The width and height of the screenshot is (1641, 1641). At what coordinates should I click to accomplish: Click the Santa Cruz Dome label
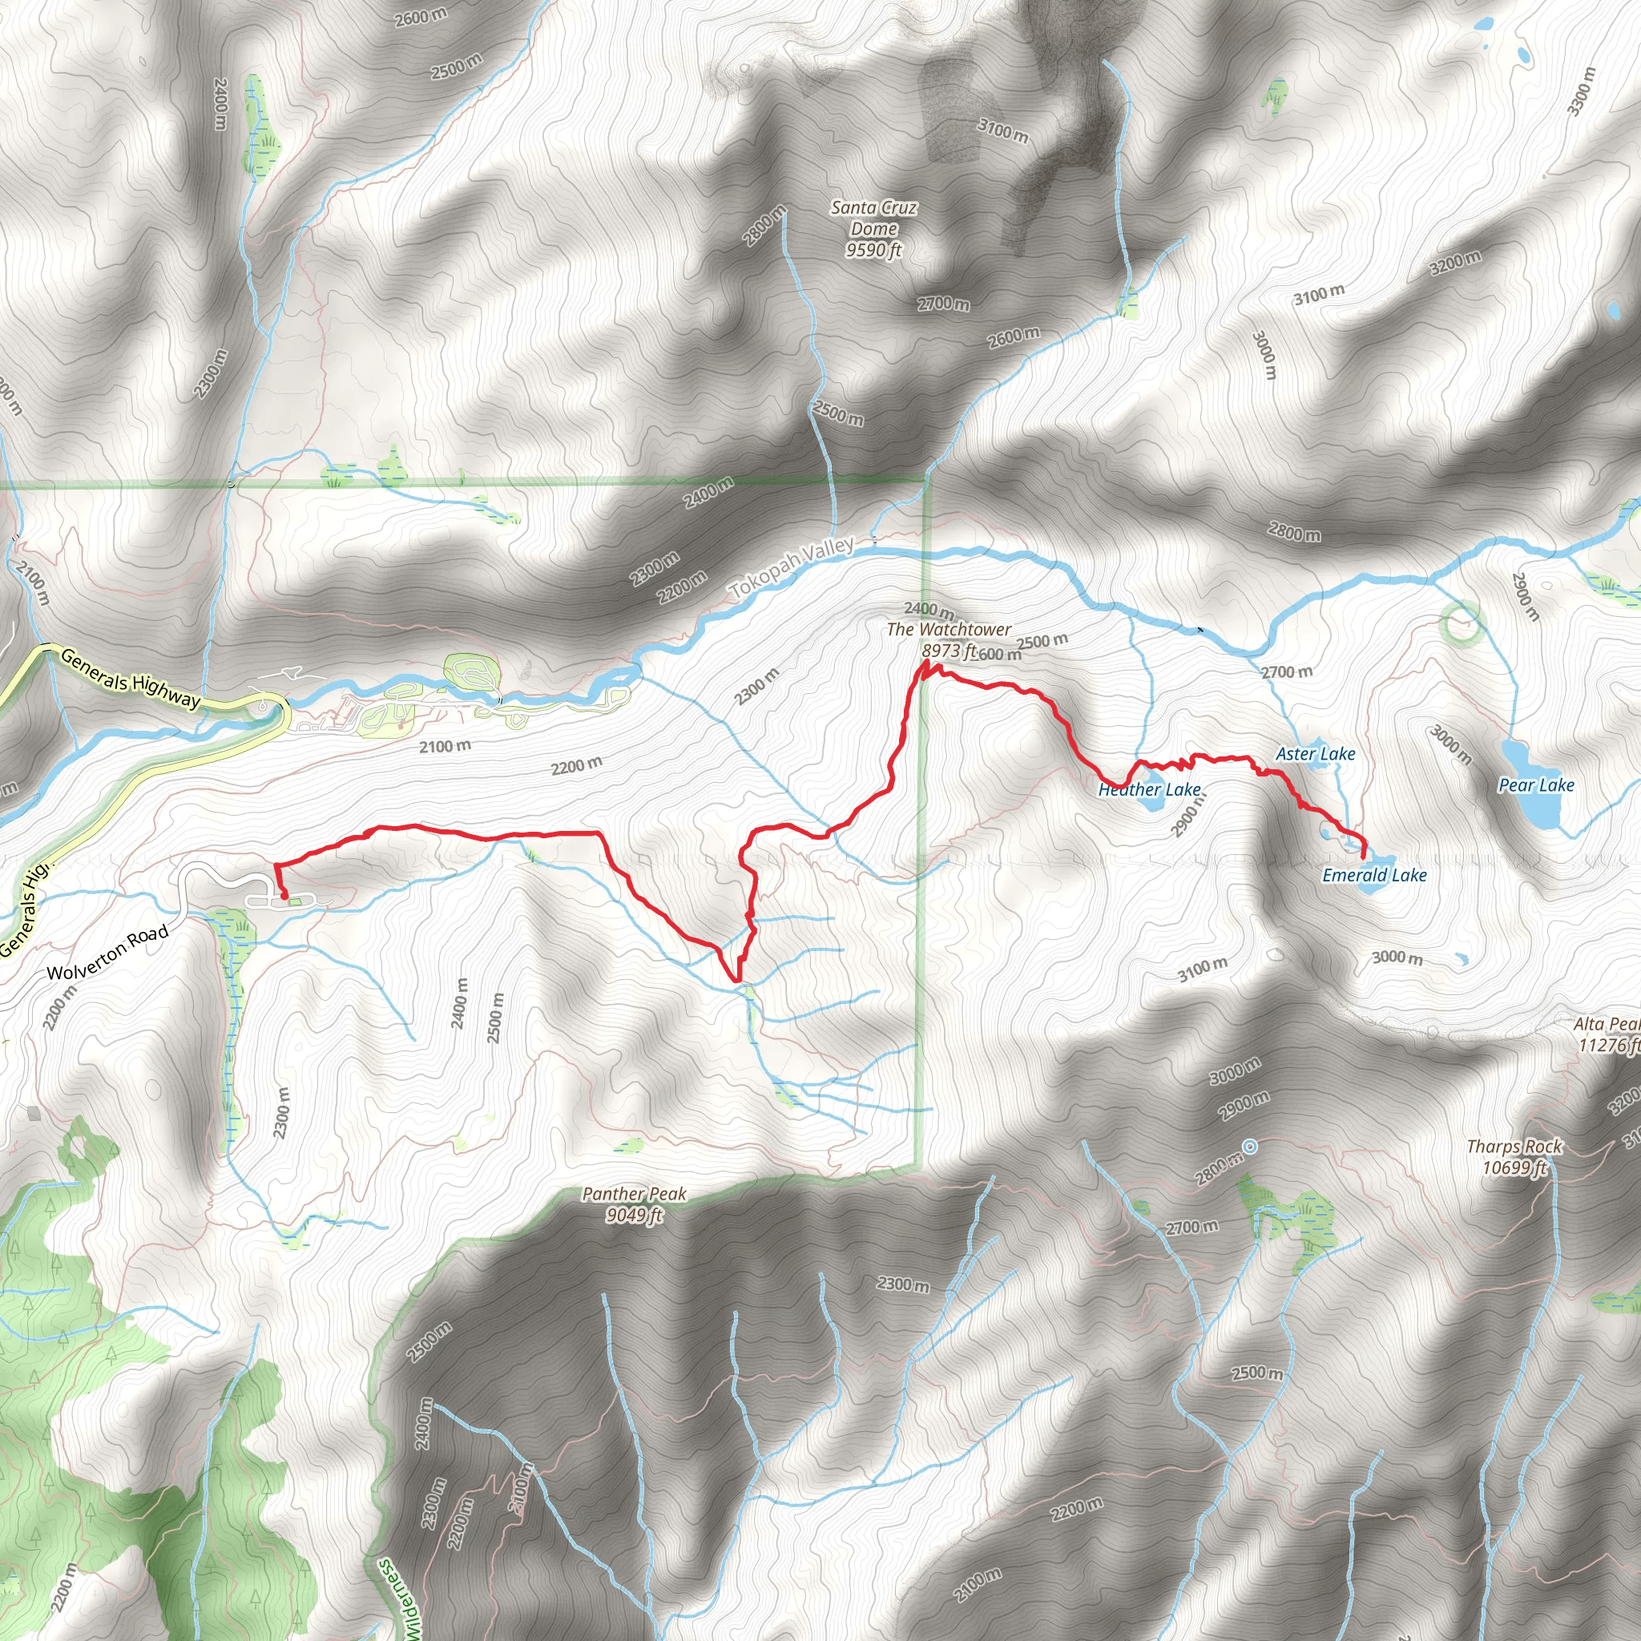pyautogui.click(x=873, y=218)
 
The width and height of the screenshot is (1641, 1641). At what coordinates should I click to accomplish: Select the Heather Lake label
pyautogui.click(x=1149, y=790)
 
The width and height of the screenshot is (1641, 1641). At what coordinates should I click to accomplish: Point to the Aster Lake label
pyautogui.click(x=1315, y=753)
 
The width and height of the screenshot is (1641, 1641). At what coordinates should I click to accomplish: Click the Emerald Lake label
pyautogui.click(x=1374, y=875)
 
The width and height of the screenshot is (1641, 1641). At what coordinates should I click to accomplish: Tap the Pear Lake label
pyautogui.click(x=1536, y=784)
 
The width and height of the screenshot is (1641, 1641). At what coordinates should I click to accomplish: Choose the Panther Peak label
pyautogui.click(x=634, y=1194)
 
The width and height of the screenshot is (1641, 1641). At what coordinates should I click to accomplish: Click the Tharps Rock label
pyautogui.click(x=1514, y=1147)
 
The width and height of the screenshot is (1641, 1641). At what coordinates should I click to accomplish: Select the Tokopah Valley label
pyautogui.click(x=792, y=566)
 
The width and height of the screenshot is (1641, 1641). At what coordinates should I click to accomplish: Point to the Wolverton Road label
pyautogui.click(x=108, y=952)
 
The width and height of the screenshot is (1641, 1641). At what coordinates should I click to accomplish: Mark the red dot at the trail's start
pyautogui.click(x=284, y=895)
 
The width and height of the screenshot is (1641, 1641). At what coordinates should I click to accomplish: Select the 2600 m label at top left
pyautogui.click(x=421, y=16)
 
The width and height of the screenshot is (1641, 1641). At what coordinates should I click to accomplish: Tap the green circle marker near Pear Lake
pyautogui.click(x=1462, y=622)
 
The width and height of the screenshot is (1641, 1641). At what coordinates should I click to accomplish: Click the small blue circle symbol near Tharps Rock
pyautogui.click(x=1249, y=1147)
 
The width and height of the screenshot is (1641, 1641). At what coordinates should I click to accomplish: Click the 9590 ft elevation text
pyautogui.click(x=873, y=250)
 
